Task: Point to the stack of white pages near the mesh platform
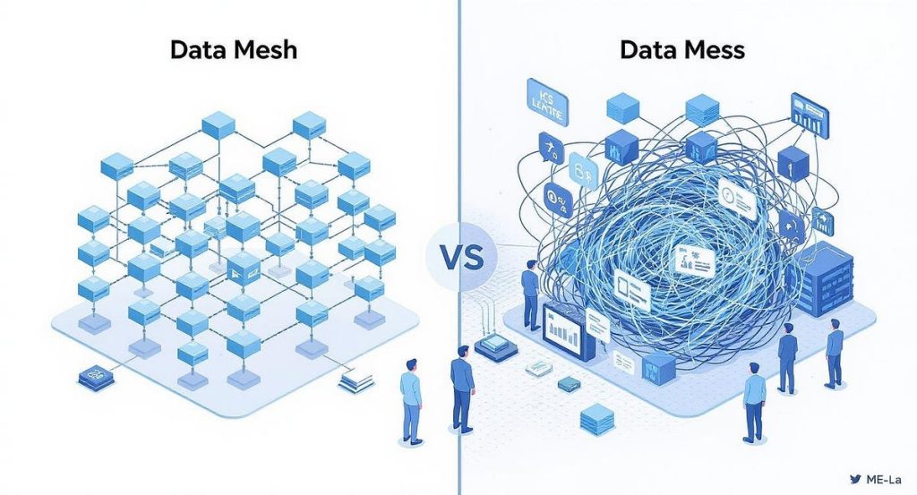(x=356, y=382)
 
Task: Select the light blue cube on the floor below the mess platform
(x=596, y=417)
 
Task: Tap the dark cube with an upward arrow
(x=793, y=163)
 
